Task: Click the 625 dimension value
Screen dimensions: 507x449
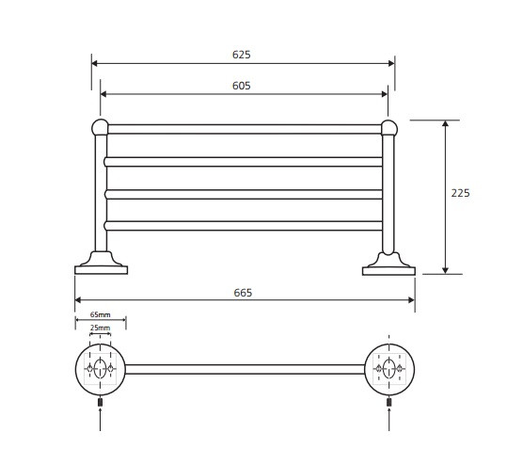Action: (241, 55)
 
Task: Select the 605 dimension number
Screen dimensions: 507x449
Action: (241, 86)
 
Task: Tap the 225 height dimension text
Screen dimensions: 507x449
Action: (460, 193)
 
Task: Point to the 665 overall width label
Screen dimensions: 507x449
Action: (243, 293)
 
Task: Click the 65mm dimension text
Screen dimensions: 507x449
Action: (101, 314)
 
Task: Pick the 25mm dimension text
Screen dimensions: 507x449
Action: (101, 328)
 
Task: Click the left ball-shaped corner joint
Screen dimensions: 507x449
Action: (101, 127)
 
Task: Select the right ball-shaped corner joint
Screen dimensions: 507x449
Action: (389, 128)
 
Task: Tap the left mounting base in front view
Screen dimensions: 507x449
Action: (102, 264)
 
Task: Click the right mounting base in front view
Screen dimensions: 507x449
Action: (388, 265)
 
